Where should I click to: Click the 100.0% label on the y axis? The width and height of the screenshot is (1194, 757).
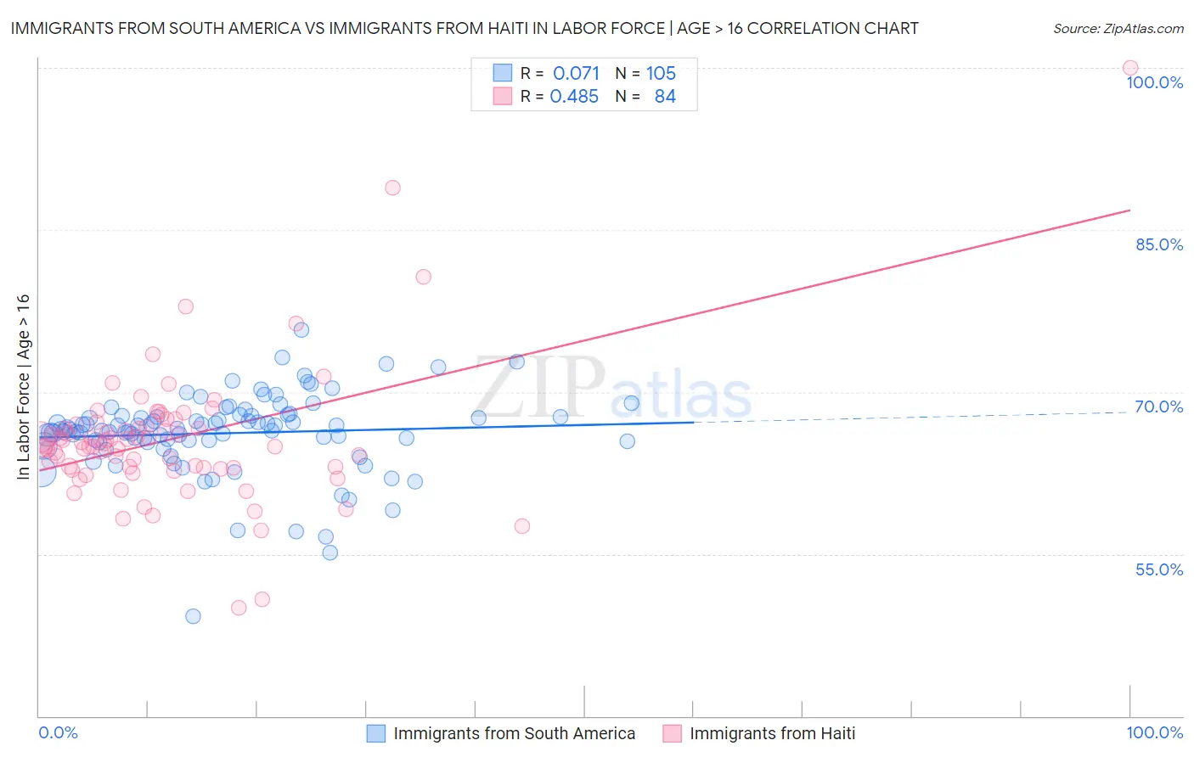1154,82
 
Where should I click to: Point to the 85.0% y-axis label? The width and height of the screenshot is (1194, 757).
1159,244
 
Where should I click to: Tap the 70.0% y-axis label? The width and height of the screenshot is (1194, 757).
1159,407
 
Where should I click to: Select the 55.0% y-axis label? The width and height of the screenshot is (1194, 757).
1159,569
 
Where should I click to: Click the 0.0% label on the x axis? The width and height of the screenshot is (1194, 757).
58,732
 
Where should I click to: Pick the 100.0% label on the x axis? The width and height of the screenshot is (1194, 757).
1154,732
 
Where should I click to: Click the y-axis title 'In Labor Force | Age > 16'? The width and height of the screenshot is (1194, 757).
23,387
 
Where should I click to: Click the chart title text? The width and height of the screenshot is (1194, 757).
464,28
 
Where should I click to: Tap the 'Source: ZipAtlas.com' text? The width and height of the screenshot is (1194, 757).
1118,29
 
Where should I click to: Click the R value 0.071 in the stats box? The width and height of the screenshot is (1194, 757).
576,73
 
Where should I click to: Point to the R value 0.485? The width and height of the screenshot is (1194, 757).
574,97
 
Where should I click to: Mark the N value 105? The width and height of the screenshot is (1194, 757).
661,73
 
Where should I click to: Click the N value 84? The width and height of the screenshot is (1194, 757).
665,97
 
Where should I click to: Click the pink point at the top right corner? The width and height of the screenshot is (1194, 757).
1129,68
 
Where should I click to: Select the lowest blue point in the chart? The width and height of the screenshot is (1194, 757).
193,616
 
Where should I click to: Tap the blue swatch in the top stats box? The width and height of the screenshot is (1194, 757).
503,73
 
